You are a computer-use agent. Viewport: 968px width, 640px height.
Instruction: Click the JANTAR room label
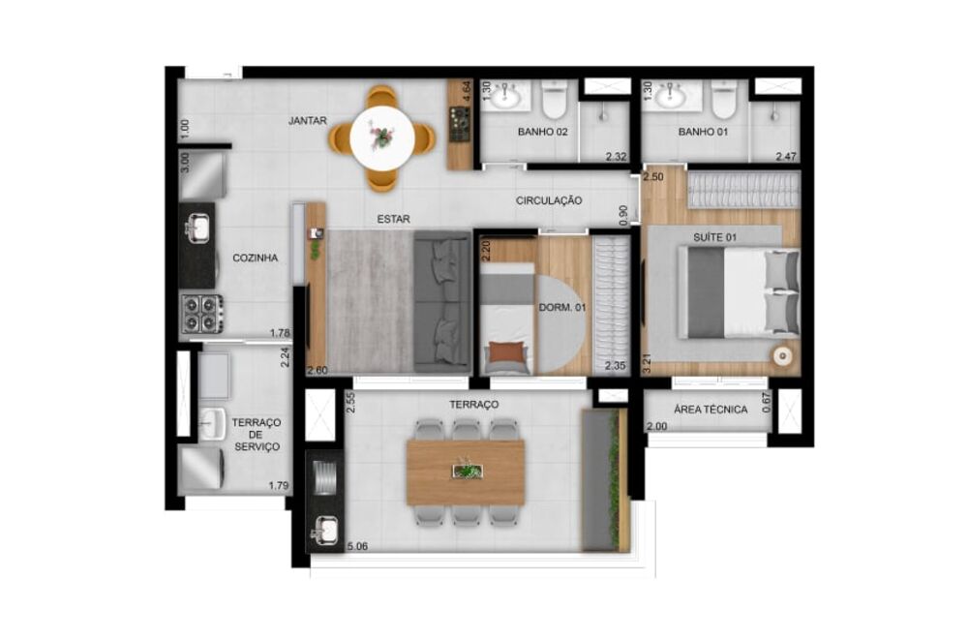(307, 121)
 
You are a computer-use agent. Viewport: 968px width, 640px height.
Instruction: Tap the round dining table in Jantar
(382, 139)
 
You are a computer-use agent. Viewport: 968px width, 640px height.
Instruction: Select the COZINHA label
(256, 259)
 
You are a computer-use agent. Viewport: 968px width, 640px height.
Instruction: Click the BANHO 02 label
(542, 132)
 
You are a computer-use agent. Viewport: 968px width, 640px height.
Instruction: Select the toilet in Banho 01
(723, 100)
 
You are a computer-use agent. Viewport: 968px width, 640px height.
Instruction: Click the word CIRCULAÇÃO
(549, 200)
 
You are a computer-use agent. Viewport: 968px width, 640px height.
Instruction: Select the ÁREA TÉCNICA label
(711, 410)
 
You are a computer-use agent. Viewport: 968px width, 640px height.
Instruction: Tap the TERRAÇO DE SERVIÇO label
(257, 435)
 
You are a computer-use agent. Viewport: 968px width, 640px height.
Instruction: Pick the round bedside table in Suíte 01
(781, 354)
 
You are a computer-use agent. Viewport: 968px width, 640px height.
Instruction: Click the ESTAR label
(393, 220)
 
